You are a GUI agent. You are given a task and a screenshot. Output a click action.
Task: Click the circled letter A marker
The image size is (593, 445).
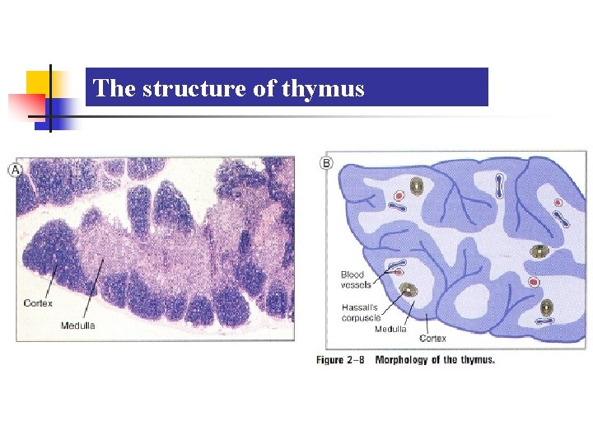pyautogui.click(x=15, y=170)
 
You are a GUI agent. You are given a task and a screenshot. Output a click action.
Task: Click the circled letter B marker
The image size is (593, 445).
pyautogui.click(x=326, y=164)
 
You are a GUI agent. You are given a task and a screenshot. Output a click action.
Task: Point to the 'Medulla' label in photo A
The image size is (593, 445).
pyautogui.click(x=78, y=325)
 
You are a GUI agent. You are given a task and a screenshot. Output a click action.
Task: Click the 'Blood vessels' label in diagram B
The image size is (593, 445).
pyautogui.click(x=356, y=279)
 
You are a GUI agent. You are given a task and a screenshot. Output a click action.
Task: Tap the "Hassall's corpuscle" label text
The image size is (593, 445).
pyautogui.click(x=361, y=311)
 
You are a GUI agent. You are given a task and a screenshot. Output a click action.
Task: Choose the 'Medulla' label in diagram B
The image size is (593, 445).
pyautogui.click(x=390, y=330)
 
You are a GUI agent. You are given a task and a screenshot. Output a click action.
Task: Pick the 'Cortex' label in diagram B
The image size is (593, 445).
pyautogui.click(x=433, y=338)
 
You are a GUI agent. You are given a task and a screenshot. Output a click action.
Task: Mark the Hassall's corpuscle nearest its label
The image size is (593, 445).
pyautogui.click(x=407, y=290)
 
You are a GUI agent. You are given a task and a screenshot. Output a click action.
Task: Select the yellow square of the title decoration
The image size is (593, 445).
pyautogui.click(x=39, y=84)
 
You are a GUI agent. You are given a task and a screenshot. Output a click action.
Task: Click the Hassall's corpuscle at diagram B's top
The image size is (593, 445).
pyautogui.click(x=418, y=186)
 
